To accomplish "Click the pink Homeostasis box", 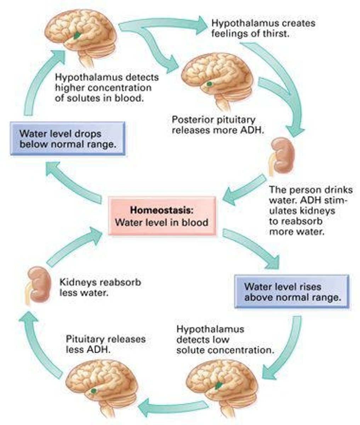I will (x=162, y=216).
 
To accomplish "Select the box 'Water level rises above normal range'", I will (x=292, y=291).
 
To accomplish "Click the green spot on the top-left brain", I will (x=77, y=35).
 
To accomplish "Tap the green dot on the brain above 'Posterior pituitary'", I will (x=210, y=84).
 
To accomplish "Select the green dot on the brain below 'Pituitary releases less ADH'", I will (x=93, y=390).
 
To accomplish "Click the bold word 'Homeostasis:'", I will (x=162, y=210).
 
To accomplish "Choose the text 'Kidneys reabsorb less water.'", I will (x=100, y=288).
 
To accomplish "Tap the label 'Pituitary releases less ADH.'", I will (x=105, y=344).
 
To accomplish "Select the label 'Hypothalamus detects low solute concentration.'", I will (x=225, y=339).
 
